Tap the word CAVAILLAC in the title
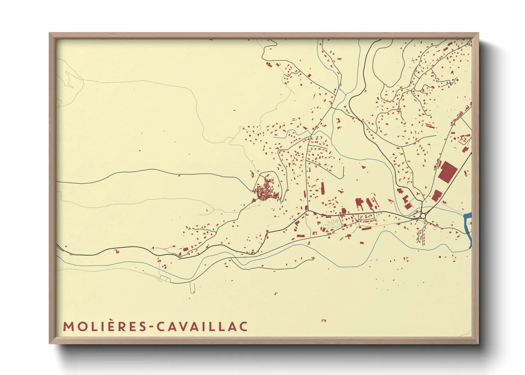202,327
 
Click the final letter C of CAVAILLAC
243,327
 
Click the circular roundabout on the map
423,216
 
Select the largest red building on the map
447,172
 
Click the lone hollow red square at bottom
324,321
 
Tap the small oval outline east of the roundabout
470,224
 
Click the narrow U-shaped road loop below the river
193,288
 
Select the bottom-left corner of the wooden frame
50,343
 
